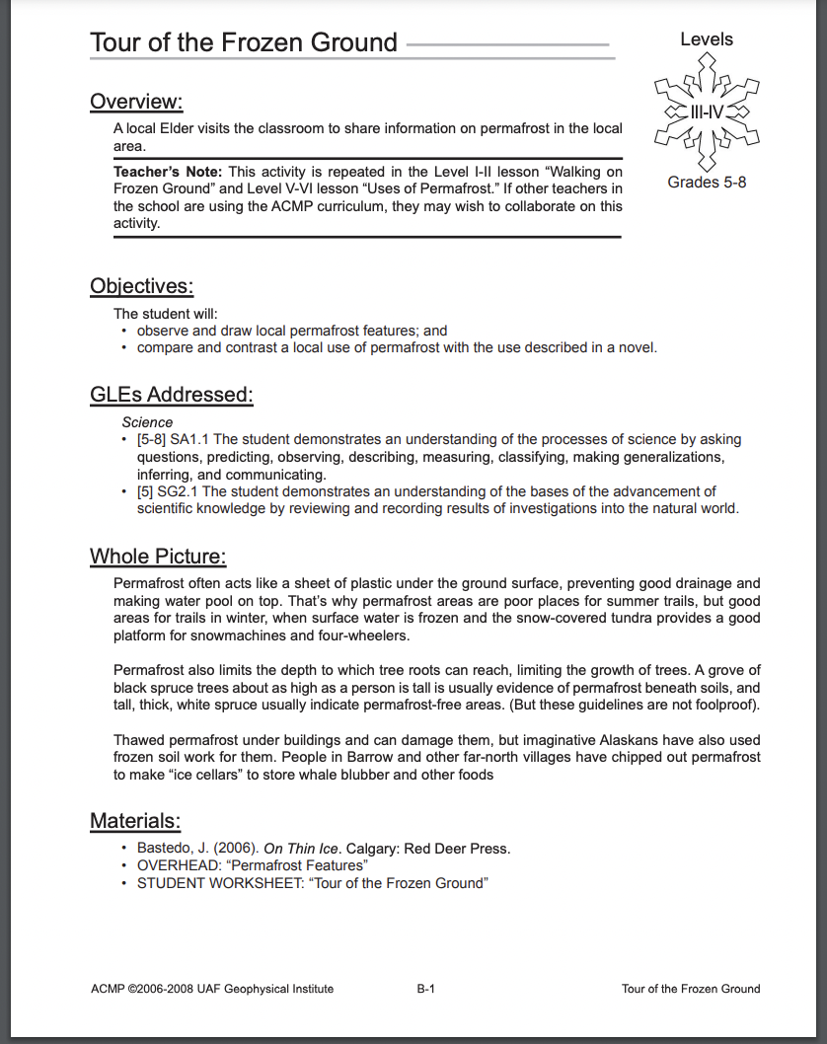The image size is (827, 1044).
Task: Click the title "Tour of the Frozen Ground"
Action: [x=244, y=42]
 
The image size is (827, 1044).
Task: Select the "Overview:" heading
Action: [x=136, y=102]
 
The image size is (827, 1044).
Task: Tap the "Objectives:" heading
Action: [x=141, y=286]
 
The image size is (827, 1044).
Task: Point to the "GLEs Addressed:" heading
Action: [x=172, y=395]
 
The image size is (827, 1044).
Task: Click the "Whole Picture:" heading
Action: [x=158, y=556]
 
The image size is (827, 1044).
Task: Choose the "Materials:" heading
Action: [x=135, y=820]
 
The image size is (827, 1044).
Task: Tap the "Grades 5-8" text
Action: [x=707, y=182]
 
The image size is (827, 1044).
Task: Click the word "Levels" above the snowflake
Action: [x=707, y=39]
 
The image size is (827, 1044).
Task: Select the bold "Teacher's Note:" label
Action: [x=168, y=172]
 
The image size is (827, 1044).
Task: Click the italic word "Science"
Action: [x=147, y=422]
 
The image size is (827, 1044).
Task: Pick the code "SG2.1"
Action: [x=177, y=490]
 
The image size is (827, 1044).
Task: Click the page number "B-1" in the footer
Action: [x=426, y=989]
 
